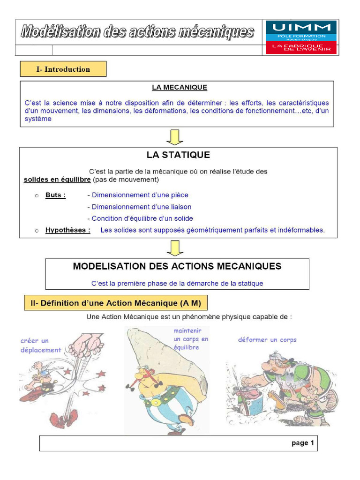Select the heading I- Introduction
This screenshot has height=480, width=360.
pos(63,69)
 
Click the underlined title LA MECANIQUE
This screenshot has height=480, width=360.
pos(179,87)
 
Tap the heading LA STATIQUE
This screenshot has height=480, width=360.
pos(178,155)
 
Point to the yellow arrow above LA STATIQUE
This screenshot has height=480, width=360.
pos(175,137)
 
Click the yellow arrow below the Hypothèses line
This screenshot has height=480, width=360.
pos(175,248)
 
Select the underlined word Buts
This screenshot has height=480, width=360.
pos(55,195)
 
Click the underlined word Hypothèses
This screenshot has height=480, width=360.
pos(68,230)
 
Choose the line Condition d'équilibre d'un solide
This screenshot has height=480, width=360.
pos(140,218)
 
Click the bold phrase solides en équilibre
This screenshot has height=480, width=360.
pos(57,180)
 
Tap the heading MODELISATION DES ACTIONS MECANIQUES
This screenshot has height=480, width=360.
pos(177,266)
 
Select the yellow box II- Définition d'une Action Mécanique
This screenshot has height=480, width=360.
pos(116,303)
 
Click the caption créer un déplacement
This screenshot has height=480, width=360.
pos(41,345)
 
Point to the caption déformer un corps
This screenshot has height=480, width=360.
pos(267,340)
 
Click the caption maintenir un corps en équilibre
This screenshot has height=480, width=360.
pos(191,339)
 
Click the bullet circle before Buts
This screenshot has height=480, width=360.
pos(37,195)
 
